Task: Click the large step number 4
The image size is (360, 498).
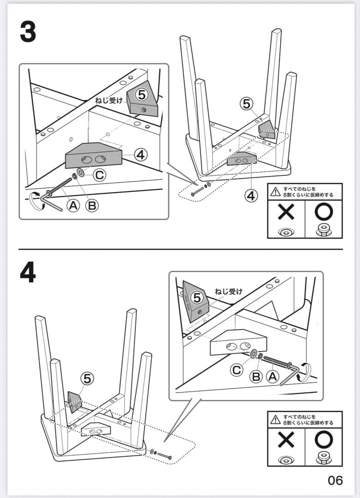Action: (28, 273)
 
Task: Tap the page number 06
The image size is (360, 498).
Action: (335, 480)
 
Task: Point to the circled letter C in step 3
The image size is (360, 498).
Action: (100, 175)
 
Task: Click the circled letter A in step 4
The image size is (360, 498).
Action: (273, 376)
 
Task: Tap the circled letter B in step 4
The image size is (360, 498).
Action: (256, 376)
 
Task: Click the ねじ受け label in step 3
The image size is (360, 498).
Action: (109, 100)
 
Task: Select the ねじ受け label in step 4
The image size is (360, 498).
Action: (228, 291)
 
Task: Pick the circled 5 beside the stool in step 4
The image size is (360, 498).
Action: (87, 379)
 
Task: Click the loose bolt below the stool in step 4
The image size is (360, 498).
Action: (165, 456)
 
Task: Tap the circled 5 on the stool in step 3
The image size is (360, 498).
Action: (248, 104)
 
